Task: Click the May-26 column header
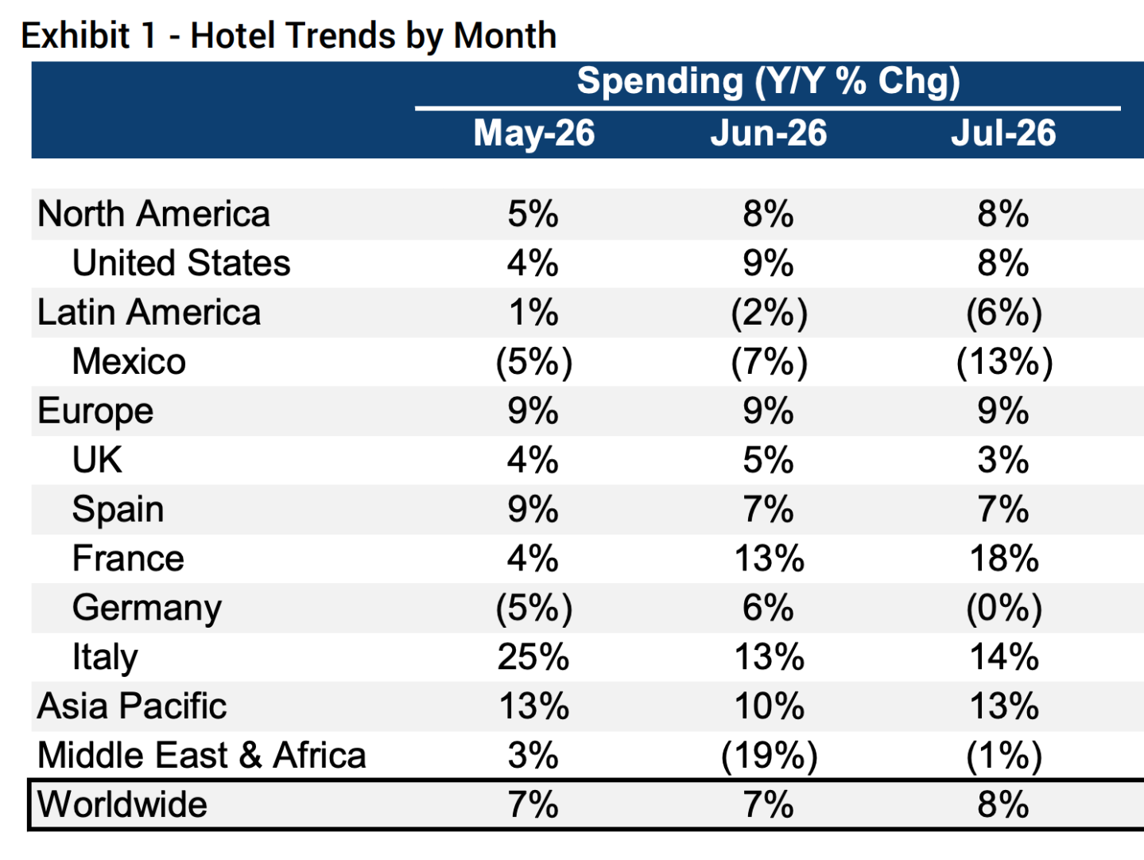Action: (x=533, y=133)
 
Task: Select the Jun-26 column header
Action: (x=768, y=133)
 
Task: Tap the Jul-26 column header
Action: (x=1003, y=133)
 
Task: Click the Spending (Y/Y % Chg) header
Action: (x=768, y=81)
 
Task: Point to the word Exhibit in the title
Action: (x=76, y=36)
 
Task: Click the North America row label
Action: (x=153, y=214)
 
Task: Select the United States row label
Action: (x=181, y=263)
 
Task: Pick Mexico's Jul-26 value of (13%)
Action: (x=1004, y=361)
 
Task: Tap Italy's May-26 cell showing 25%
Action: (x=533, y=656)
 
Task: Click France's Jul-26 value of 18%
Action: (x=1004, y=558)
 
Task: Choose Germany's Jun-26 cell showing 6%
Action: (x=768, y=608)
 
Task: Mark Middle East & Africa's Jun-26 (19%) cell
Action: (x=770, y=755)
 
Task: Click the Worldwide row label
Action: (x=122, y=804)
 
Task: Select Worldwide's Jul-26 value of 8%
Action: (x=1003, y=804)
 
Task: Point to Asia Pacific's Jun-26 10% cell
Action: (x=770, y=706)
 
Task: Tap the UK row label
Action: (x=98, y=460)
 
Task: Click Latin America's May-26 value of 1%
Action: (x=533, y=313)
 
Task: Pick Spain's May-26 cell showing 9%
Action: (x=533, y=509)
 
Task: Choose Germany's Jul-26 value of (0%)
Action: (x=1004, y=608)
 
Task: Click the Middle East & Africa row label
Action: (x=202, y=755)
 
